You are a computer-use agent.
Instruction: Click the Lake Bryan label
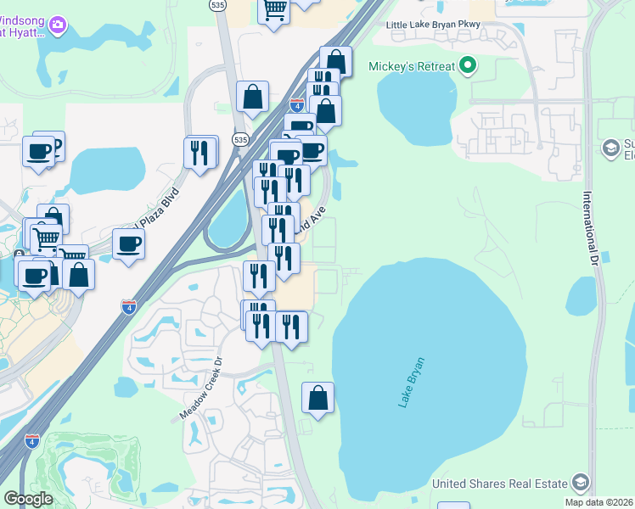[412, 383]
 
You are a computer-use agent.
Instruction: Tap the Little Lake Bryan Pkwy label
[432, 25]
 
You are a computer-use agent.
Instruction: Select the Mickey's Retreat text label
[411, 66]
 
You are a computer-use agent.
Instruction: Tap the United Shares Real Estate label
[499, 484]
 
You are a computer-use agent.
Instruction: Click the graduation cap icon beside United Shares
[581, 483]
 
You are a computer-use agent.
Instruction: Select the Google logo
[28, 499]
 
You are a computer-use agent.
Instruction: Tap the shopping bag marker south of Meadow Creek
[317, 398]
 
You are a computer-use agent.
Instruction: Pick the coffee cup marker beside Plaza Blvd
[128, 244]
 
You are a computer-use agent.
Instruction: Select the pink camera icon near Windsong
[59, 25]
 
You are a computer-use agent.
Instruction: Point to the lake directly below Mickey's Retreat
[417, 102]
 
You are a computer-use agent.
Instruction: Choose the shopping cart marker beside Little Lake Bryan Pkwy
[274, 10]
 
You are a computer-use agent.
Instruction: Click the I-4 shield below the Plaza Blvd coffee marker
[129, 306]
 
